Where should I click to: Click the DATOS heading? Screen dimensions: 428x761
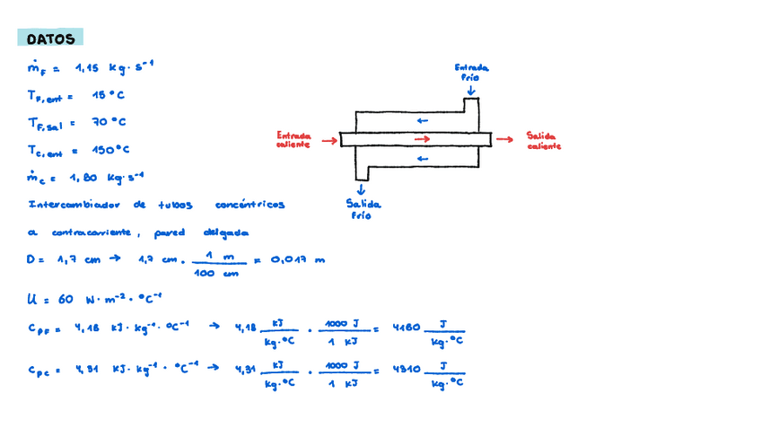50,39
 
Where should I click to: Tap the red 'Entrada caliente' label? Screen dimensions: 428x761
293,139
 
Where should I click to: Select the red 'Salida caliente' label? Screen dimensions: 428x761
544,139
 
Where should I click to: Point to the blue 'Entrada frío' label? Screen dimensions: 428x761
471,72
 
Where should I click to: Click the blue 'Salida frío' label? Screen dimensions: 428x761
363,209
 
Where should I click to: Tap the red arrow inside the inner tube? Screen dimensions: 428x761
423,138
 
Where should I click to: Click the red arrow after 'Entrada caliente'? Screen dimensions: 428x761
329,140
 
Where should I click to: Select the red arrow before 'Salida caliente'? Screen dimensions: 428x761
505,139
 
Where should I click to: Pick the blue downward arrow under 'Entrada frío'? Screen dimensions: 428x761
471,91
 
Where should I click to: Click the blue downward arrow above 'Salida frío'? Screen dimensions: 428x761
362,188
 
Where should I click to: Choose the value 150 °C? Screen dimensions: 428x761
110,150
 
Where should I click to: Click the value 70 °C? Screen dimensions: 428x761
109,122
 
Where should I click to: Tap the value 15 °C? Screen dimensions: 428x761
108,94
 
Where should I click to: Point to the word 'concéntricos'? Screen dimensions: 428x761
250,205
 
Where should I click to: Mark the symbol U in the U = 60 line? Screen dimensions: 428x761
33,298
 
